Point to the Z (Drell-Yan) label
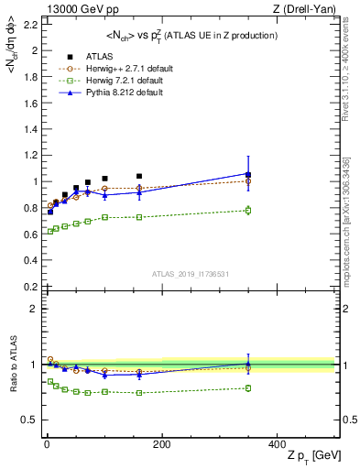tap(308, 10)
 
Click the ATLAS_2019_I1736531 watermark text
tap(190, 274)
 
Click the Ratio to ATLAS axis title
tap(11, 365)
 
